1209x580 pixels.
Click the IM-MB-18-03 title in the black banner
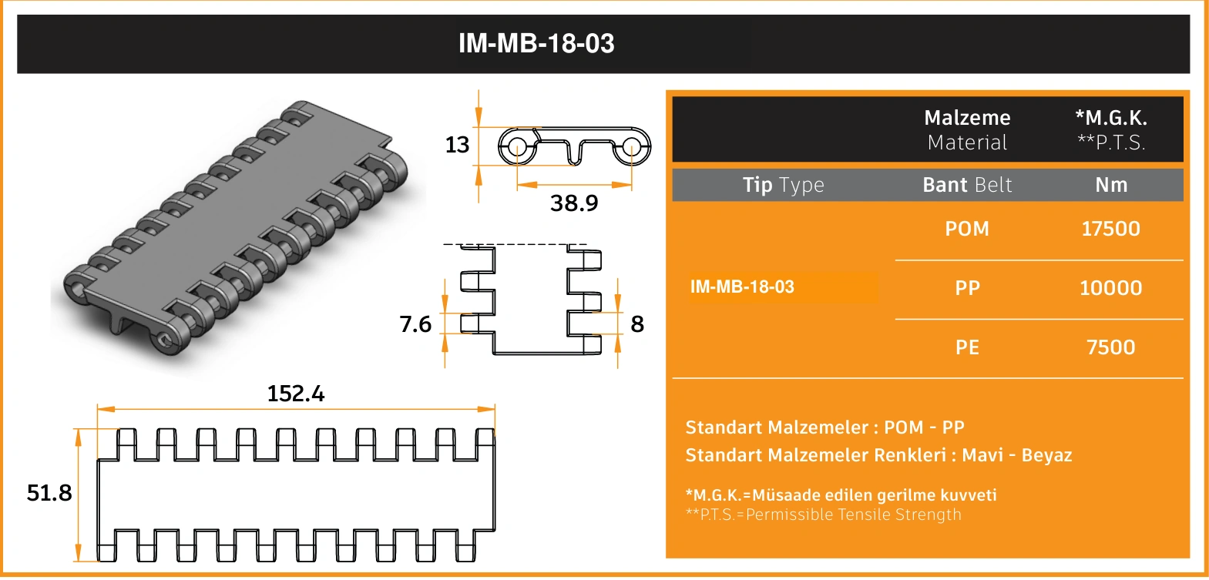536,43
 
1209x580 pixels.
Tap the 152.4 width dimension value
296,394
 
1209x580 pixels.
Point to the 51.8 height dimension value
49,493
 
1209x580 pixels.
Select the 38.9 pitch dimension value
574,203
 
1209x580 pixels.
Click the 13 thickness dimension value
457,145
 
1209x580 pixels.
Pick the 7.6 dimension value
415,324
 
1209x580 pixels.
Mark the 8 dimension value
637,324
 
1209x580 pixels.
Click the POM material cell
967,229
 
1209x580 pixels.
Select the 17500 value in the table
1111,229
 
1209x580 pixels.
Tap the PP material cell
967,287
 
